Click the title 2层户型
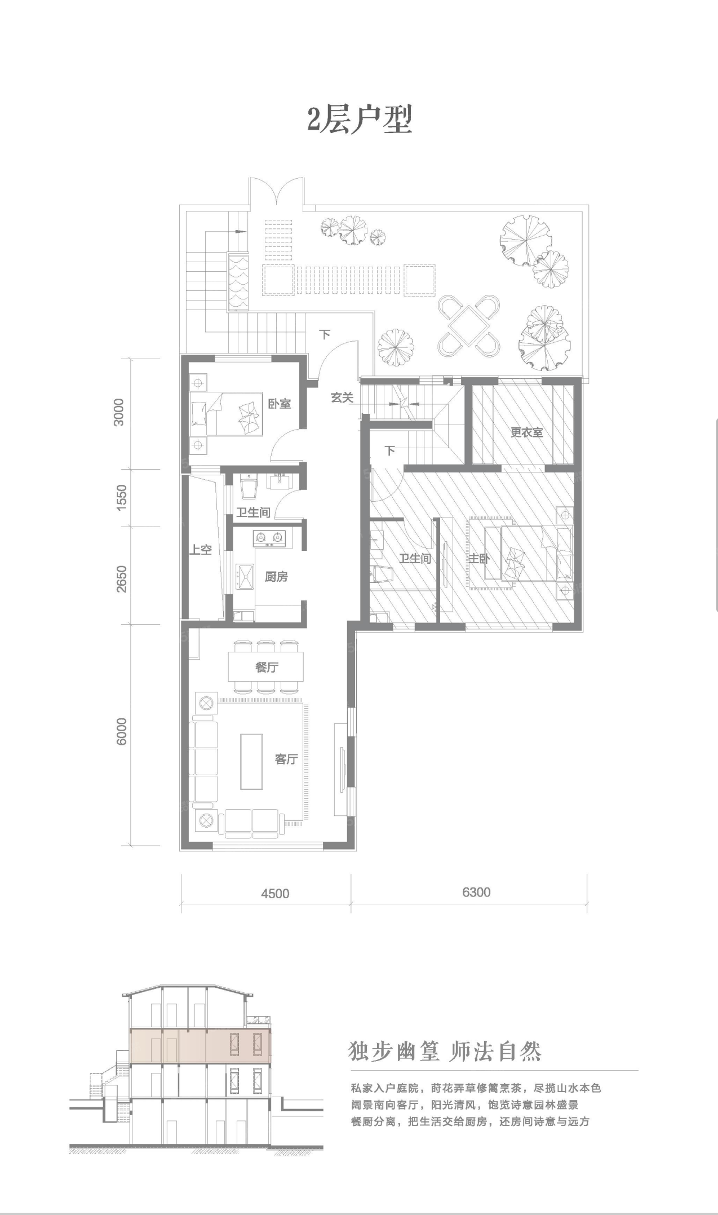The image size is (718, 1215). [x=359, y=120]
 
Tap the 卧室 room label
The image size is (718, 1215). [x=280, y=404]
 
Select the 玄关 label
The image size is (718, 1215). [x=342, y=397]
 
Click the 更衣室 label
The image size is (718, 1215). [x=527, y=432]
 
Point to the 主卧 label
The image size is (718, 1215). [x=478, y=559]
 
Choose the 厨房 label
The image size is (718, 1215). [x=276, y=577]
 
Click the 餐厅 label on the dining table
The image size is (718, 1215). [x=267, y=667]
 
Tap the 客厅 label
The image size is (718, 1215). [x=286, y=759]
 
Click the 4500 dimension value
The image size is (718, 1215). [x=275, y=894]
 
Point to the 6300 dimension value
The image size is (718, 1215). [x=476, y=892]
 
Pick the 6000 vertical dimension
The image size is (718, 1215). [x=122, y=731]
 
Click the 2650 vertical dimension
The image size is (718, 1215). [x=122, y=578]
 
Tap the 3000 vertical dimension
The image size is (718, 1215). [x=119, y=412]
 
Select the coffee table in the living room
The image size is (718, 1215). [x=251, y=761]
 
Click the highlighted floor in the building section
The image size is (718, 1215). [x=201, y=1045]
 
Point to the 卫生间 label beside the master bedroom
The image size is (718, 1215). [x=415, y=558]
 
